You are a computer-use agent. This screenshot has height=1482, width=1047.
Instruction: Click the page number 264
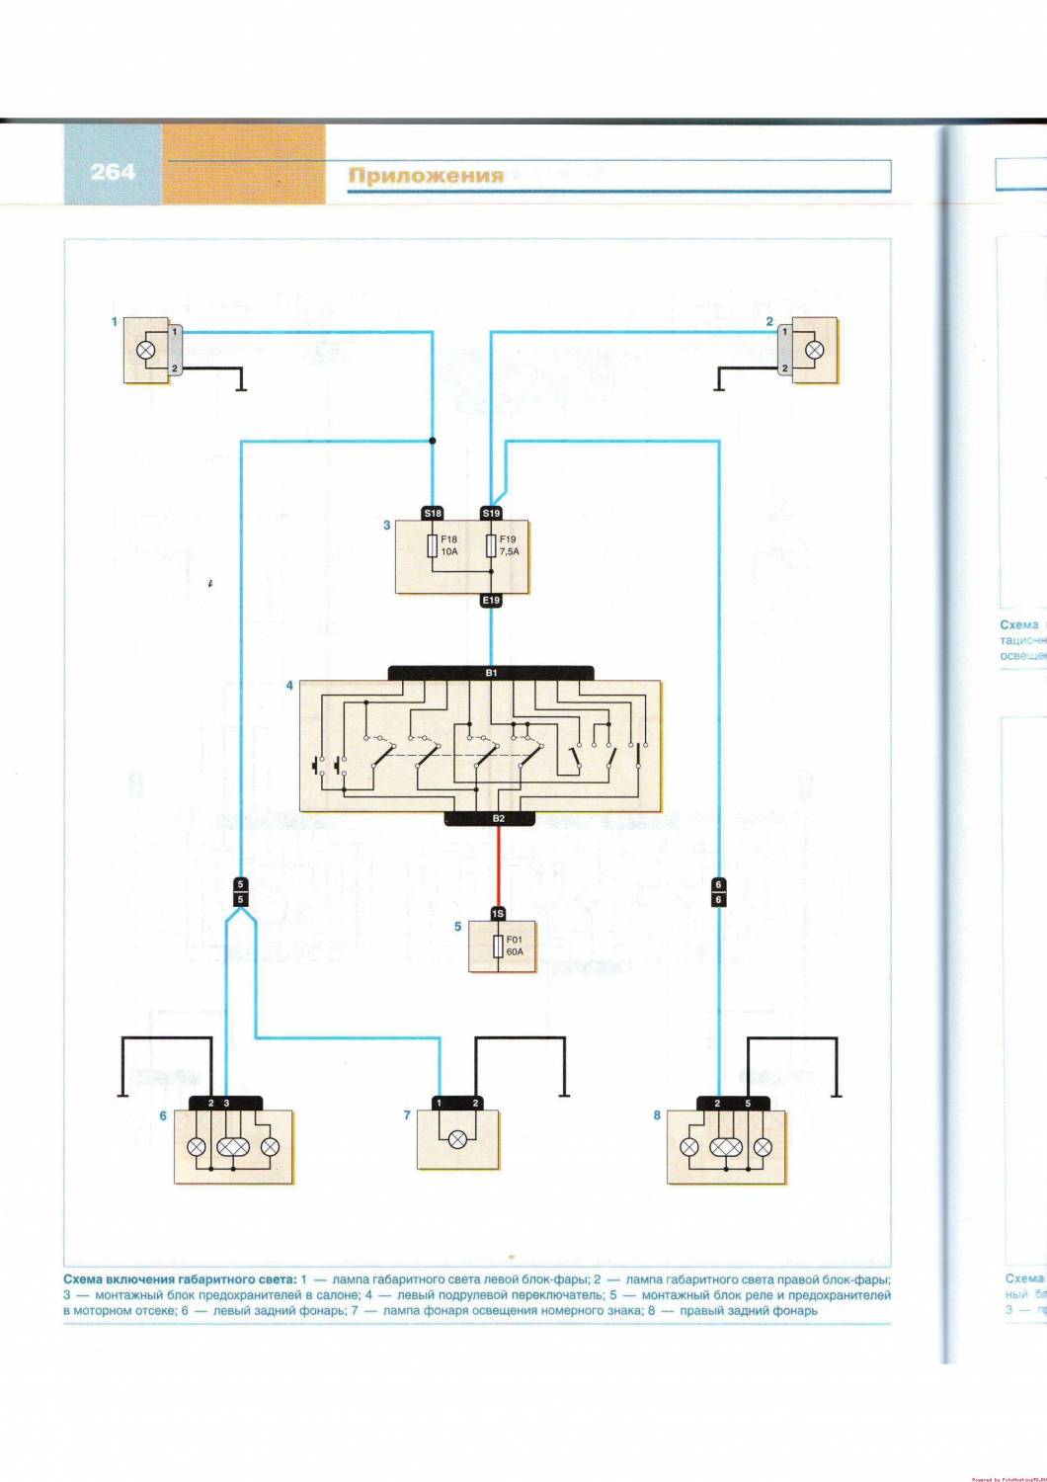113,172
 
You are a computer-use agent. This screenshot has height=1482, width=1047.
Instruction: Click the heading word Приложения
426,176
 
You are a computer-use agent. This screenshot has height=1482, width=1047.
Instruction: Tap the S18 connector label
433,513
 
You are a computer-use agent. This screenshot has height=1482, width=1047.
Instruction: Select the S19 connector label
491,513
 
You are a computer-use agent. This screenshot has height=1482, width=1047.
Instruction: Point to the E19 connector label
491,600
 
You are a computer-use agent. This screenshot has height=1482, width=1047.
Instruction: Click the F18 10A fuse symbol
433,546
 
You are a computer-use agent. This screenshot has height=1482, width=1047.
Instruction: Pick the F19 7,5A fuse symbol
491,546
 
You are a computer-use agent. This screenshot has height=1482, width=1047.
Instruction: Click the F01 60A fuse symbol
498,947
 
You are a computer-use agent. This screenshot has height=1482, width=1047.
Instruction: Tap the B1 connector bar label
491,673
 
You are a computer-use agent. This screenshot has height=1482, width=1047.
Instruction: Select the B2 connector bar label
498,818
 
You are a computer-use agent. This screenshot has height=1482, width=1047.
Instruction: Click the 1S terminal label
498,914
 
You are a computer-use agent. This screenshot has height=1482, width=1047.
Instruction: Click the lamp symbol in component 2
815,350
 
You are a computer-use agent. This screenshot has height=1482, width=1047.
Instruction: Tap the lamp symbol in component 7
457,1139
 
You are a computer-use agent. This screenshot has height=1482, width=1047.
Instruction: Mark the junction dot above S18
433,441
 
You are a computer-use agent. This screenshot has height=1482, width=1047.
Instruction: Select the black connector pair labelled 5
241,891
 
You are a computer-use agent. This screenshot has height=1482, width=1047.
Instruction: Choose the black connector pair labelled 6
718,891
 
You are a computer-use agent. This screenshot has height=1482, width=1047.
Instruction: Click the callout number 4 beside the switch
289,685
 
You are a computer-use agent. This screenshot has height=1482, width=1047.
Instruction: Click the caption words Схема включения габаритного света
179,1278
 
